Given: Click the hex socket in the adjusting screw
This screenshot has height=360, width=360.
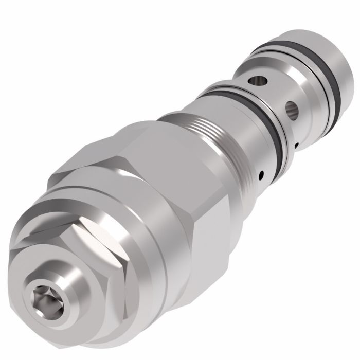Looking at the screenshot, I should (x=42, y=298).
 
